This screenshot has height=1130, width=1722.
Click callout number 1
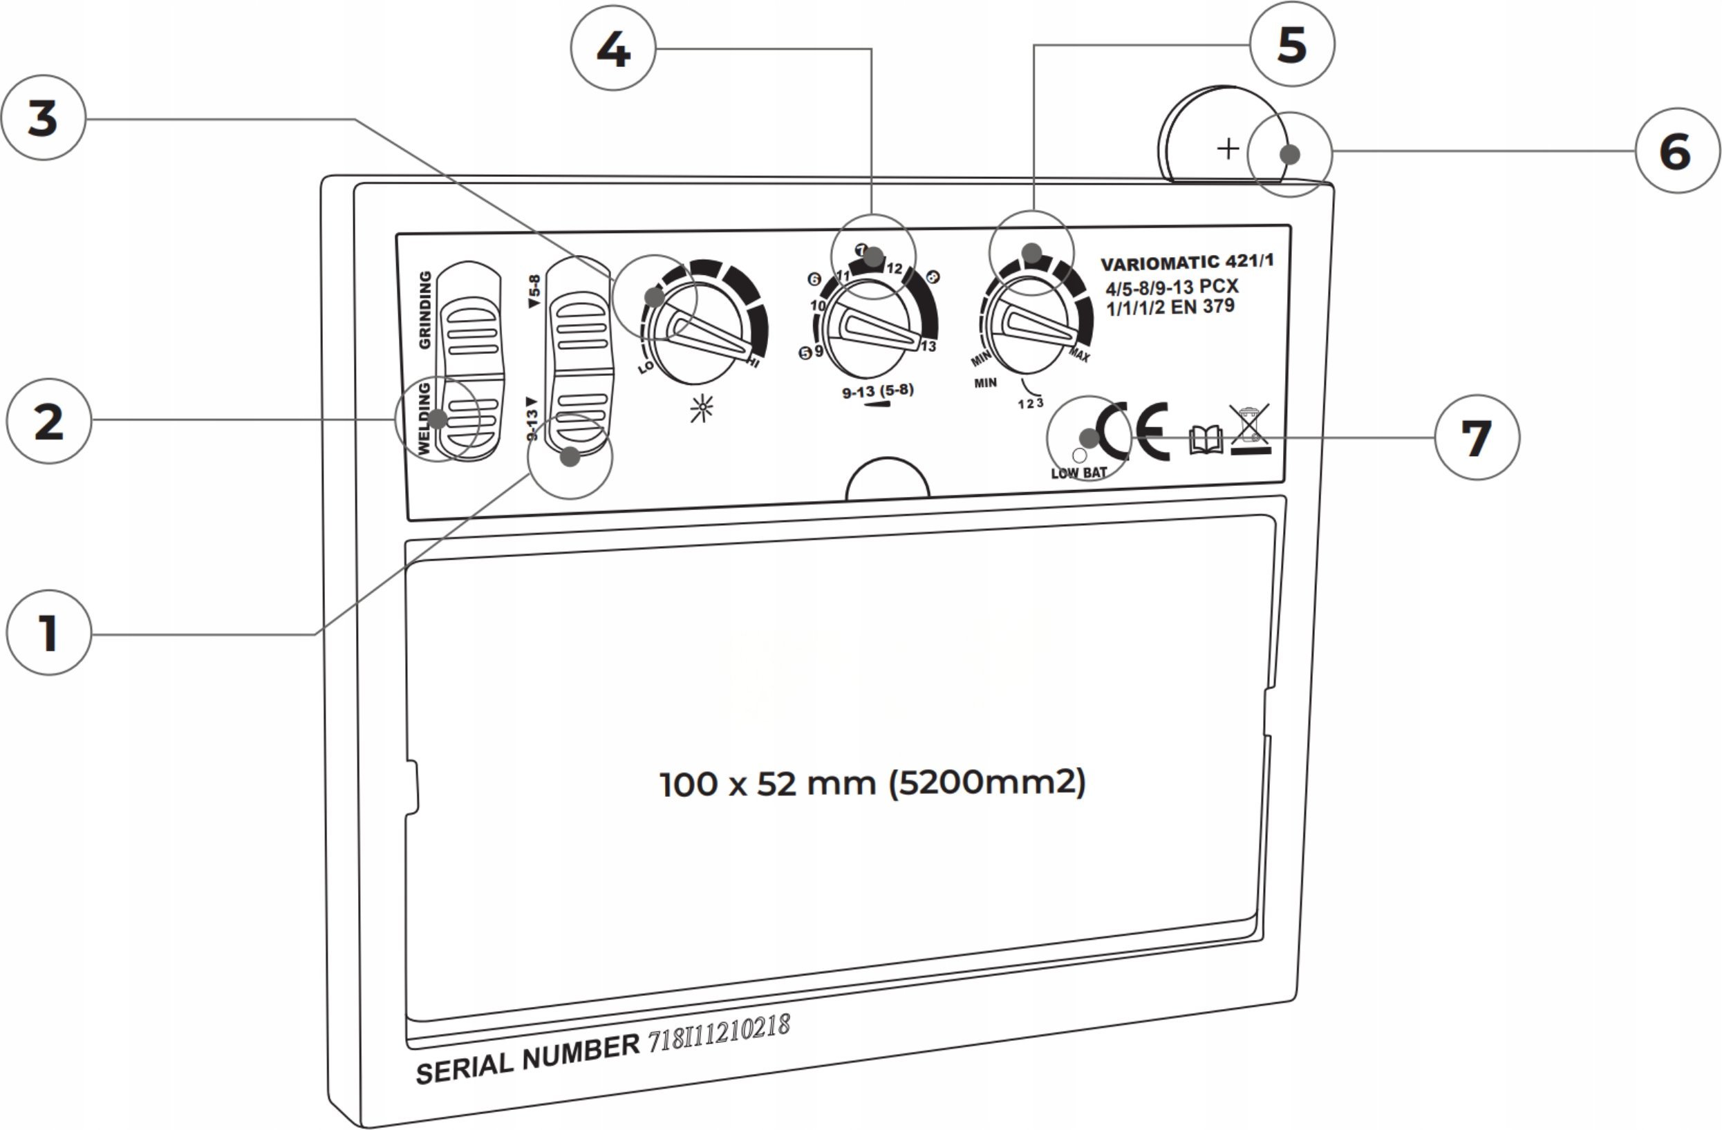(x=48, y=633)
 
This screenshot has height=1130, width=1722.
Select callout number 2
(x=48, y=422)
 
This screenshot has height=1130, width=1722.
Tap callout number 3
(x=44, y=118)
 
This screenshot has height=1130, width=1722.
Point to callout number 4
(x=614, y=48)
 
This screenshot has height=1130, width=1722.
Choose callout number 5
(x=1292, y=44)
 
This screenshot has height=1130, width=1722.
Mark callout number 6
(x=1678, y=151)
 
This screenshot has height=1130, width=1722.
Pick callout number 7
(x=1477, y=437)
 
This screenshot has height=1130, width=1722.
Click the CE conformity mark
(x=1132, y=431)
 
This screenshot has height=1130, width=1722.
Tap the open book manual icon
(x=1206, y=440)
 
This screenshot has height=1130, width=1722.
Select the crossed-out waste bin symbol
(x=1250, y=431)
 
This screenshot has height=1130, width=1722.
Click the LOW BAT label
(x=1079, y=473)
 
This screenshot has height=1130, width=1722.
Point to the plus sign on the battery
(x=1228, y=149)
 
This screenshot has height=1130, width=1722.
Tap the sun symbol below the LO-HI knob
(x=701, y=408)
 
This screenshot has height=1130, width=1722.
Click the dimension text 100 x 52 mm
(x=769, y=784)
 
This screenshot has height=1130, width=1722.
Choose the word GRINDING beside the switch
(x=425, y=310)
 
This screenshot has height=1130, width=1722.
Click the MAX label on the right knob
(x=1079, y=355)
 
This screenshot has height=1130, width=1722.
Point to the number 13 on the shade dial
(x=928, y=346)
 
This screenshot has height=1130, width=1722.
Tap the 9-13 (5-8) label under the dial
(x=878, y=391)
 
